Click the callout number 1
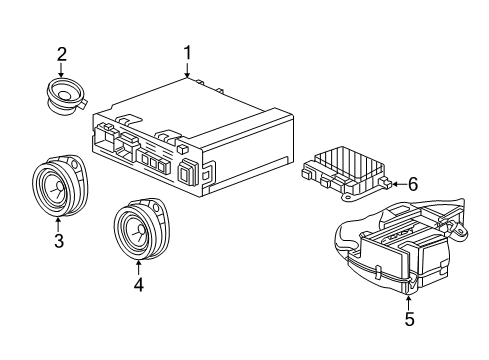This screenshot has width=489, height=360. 186,53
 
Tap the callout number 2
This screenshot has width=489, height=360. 61,54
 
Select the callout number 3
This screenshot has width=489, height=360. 58,241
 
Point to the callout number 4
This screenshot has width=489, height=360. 139,284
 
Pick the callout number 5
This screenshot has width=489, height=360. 409,320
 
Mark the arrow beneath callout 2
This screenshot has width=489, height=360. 61,72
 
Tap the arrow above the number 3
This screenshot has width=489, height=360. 58,222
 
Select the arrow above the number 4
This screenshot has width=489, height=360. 139,264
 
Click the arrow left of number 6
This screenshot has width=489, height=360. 394,183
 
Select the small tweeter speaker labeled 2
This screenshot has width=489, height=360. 65,96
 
